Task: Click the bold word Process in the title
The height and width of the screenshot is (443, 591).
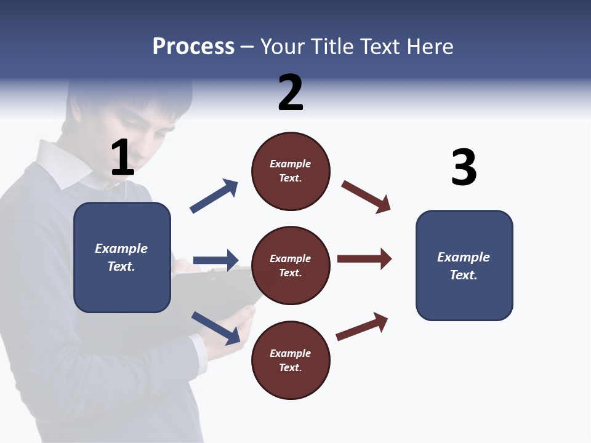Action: pos(193,46)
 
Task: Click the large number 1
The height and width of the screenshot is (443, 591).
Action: pos(123,158)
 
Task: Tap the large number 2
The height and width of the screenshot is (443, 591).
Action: pos(291,92)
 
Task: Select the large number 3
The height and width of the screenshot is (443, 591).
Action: pos(464,167)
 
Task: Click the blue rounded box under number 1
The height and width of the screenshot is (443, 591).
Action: pos(122,257)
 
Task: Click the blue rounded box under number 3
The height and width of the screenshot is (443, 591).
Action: pos(464,266)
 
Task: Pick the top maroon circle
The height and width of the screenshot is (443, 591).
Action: pos(291,171)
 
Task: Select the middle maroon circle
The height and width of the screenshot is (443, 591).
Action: pos(291,266)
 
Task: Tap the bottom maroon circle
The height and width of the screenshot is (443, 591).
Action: pos(291,361)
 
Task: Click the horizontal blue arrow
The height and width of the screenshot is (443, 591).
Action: pos(215,260)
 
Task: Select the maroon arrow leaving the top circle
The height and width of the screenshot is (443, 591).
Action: pos(366,196)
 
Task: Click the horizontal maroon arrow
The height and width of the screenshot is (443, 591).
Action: pos(364,259)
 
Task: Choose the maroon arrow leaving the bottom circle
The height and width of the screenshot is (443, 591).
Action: pos(362,326)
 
